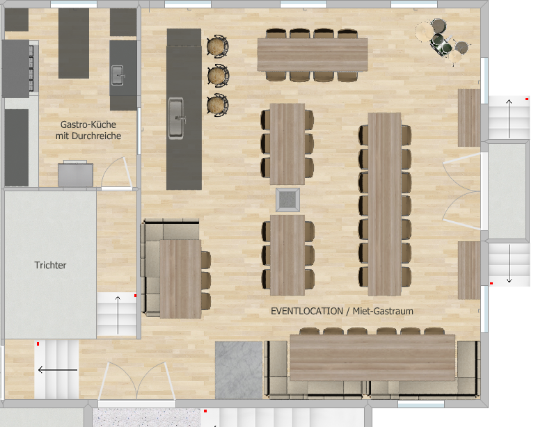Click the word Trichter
click(50, 265)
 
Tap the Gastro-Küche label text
click(88, 124)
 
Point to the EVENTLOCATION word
click(307, 311)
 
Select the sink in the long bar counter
click(176, 118)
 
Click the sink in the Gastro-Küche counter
click(118, 75)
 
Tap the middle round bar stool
click(218, 75)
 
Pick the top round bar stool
click(218, 46)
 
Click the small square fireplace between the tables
click(287, 200)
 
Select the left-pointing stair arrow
click(57, 370)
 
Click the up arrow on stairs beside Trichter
click(118, 315)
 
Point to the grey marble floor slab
click(239, 370)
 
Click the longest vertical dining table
click(384, 204)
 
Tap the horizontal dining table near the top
click(313, 55)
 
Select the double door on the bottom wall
click(136, 381)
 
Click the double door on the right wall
click(461, 191)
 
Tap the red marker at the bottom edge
click(205, 411)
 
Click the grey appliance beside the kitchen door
click(75, 175)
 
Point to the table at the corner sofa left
click(180, 279)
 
